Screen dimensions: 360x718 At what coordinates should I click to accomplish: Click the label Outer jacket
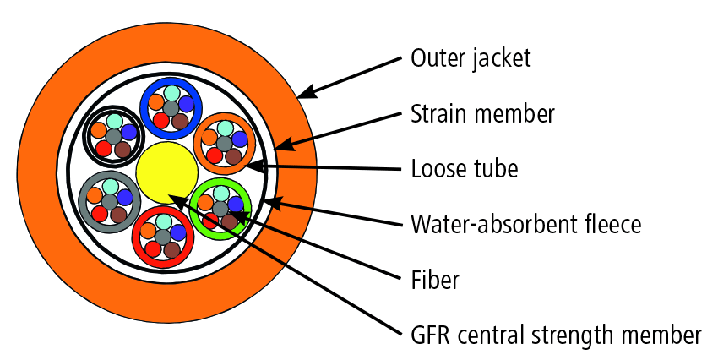[x=470, y=58]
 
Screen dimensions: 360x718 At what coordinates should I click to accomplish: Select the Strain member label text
[x=482, y=113]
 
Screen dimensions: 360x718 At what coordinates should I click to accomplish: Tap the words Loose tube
[x=464, y=169]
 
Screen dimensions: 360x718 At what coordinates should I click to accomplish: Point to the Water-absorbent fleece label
[x=525, y=225]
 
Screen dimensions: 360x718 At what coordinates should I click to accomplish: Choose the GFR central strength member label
[x=555, y=335]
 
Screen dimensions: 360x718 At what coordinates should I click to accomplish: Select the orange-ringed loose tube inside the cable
[x=200, y=142]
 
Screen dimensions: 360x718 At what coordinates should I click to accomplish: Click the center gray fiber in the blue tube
[x=171, y=107]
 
